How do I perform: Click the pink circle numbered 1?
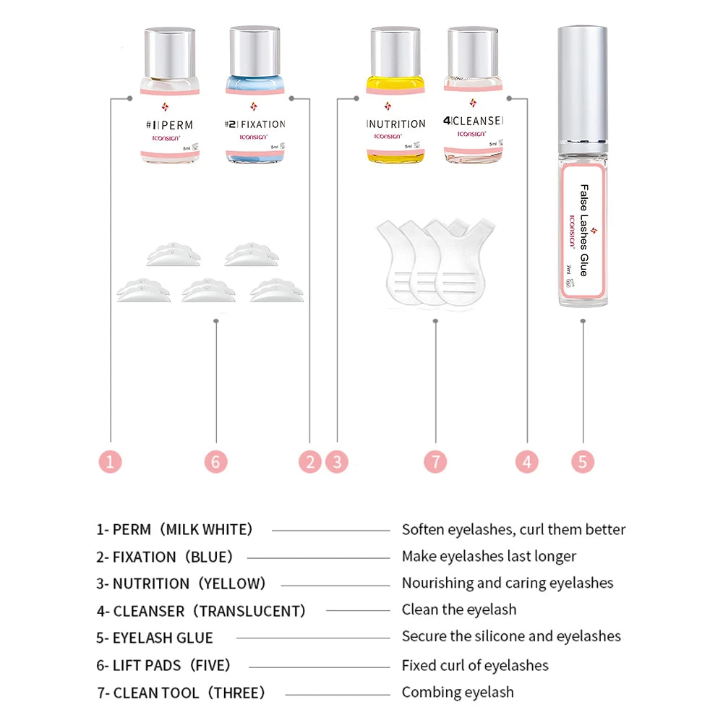(x=110, y=461)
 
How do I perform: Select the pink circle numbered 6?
(x=215, y=461)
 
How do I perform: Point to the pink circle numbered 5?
(x=583, y=461)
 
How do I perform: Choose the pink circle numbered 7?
(x=435, y=461)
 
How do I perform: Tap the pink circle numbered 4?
(x=526, y=461)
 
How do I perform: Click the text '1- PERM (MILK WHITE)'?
(x=175, y=530)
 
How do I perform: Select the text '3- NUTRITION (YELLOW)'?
(x=181, y=583)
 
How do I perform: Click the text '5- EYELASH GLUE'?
(x=155, y=638)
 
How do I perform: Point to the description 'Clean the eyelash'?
(x=459, y=609)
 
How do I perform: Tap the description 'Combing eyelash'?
(x=458, y=692)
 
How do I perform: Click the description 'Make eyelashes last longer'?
(x=489, y=556)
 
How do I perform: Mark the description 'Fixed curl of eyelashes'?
(x=475, y=665)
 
